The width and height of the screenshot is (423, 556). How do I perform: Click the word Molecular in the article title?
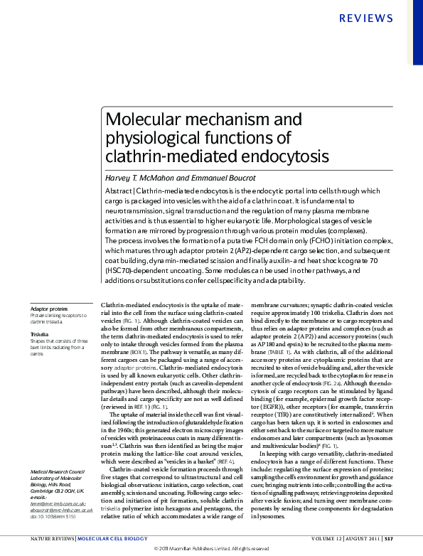[x=139, y=119]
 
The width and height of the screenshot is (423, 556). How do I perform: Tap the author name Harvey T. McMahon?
[x=143, y=178]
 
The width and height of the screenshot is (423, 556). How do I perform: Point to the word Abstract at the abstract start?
[x=118, y=191]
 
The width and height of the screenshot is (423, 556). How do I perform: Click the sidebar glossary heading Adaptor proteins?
[x=49, y=309]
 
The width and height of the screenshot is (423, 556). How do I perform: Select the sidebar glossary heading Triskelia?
[x=38, y=333]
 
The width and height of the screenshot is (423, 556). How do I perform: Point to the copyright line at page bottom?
[x=211, y=549]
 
